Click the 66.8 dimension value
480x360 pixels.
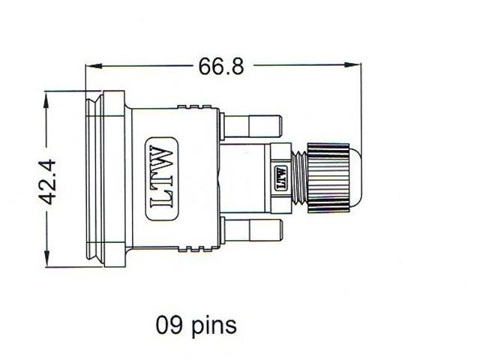coord(221,67)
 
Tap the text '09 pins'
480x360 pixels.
coord(196,325)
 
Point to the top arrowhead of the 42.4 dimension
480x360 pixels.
coord(46,97)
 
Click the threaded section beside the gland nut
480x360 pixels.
coord(300,178)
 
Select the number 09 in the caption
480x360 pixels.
coord(169,325)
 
